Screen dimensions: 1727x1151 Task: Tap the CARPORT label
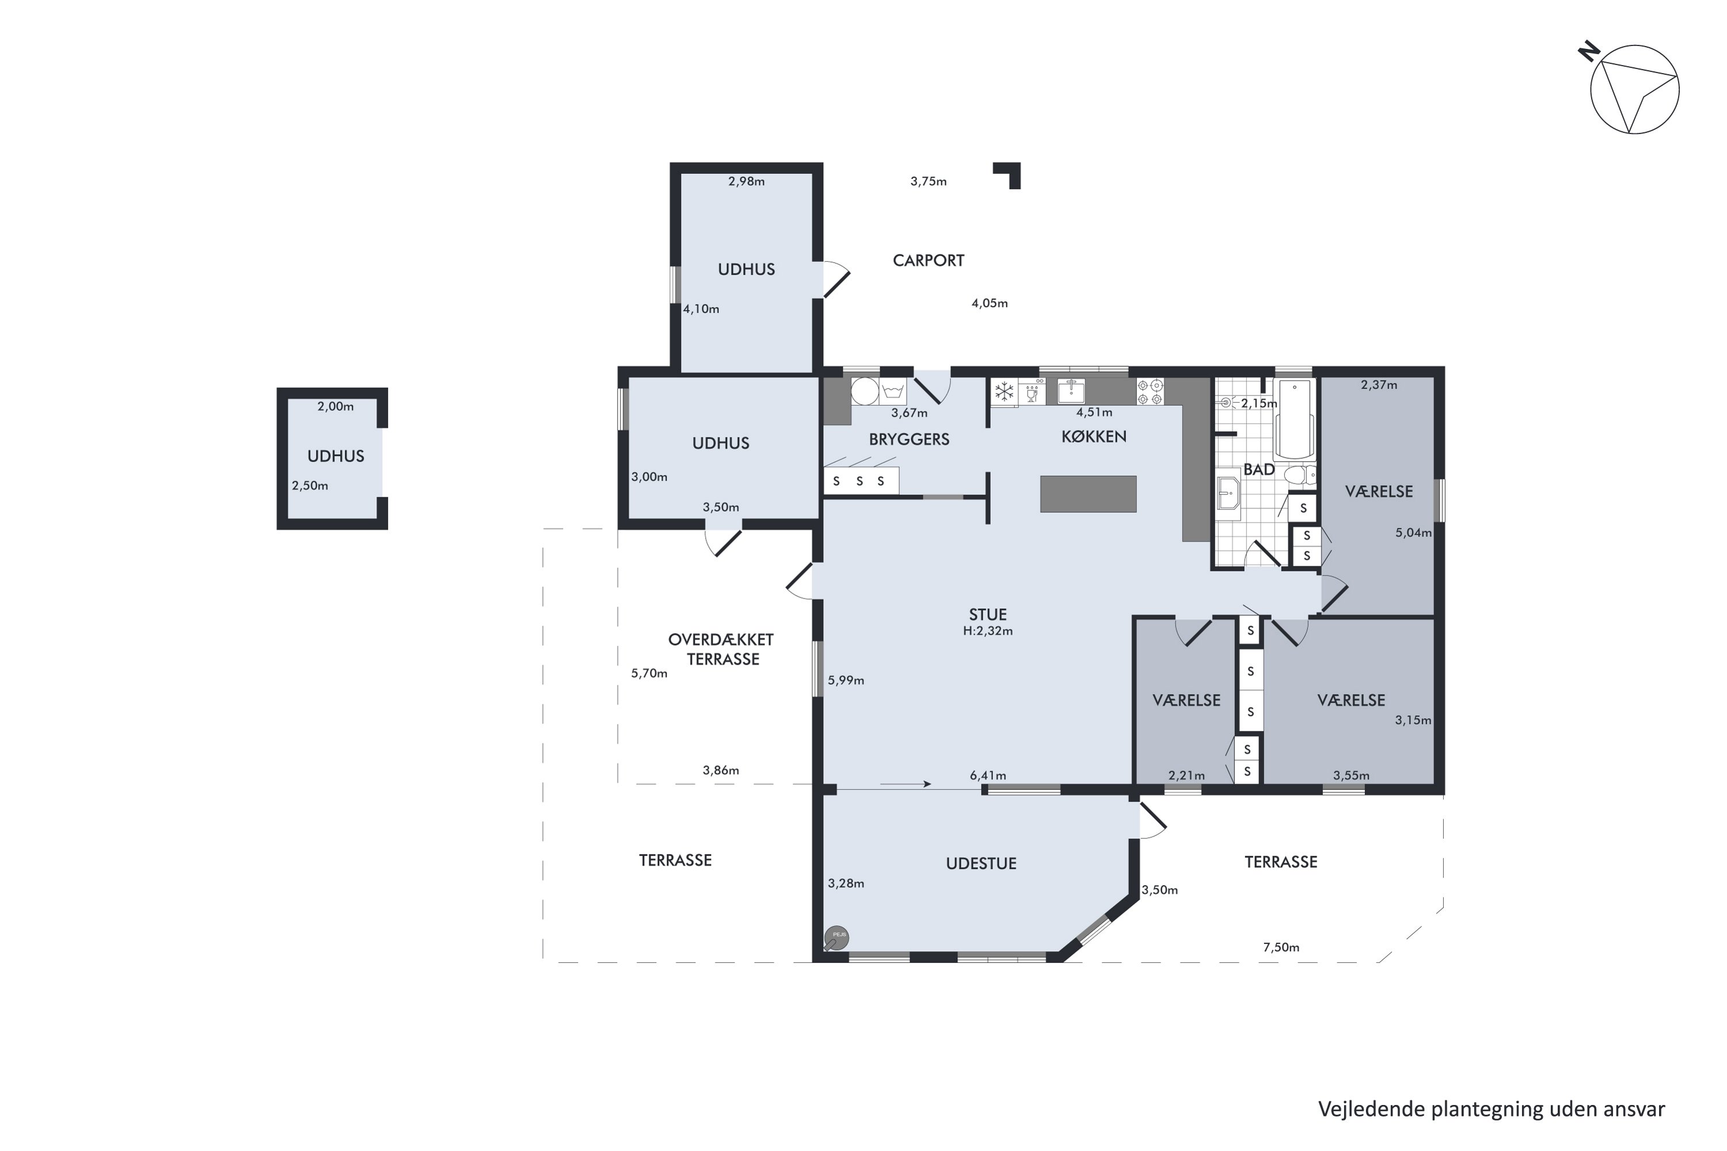[928, 261]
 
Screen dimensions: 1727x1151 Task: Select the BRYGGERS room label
[909, 440]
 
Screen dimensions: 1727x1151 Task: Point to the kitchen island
[1088, 494]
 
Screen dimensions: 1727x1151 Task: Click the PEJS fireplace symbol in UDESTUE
[836, 938]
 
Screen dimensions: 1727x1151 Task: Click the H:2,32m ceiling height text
[988, 631]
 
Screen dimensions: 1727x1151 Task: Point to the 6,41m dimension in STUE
[988, 776]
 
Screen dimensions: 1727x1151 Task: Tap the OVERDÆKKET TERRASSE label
[721, 650]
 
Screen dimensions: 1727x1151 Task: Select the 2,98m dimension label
[747, 181]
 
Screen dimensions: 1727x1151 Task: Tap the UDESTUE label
[981, 864]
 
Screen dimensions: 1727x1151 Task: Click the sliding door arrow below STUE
[906, 784]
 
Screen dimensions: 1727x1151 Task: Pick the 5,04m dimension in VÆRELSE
[1413, 533]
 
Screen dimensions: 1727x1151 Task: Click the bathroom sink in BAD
[1228, 493]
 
